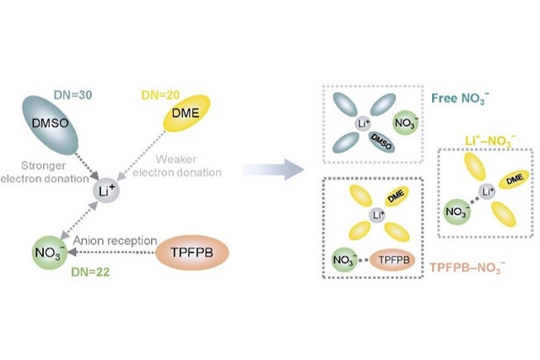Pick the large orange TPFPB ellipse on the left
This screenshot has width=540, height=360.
coord(195,251)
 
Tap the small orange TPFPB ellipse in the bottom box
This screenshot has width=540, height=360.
coord(400,261)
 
